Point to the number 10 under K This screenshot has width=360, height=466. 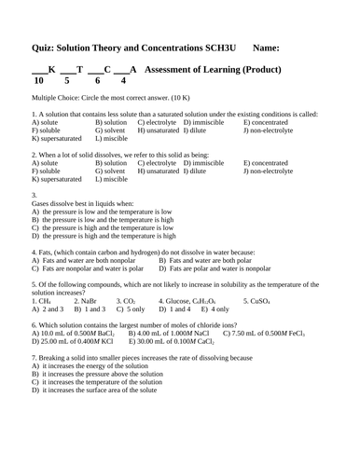coord(38,81)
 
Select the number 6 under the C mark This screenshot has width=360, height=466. coord(97,81)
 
